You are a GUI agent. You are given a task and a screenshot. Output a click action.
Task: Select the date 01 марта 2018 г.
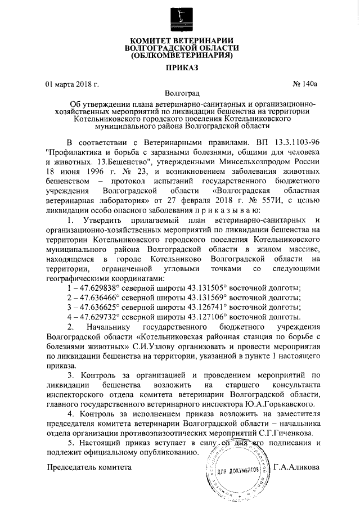(71, 84)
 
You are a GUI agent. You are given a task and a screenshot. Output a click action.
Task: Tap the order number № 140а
(305, 84)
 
